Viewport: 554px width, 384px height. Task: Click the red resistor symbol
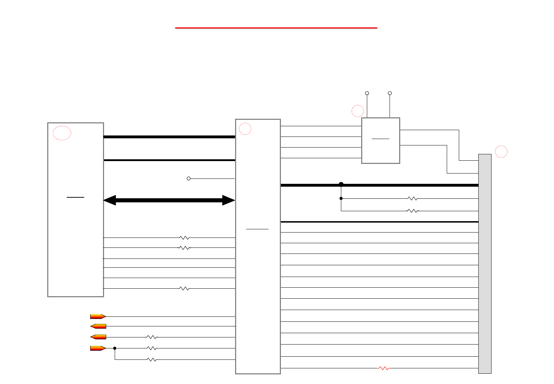pyautogui.click(x=384, y=368)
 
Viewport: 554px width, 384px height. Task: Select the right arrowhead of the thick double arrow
pyautogui.click(x=229, y=200)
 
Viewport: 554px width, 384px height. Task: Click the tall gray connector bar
pyautogui.click(x=485, y=263)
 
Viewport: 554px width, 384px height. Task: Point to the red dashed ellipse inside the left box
pyautogui.click(x=62, y=133)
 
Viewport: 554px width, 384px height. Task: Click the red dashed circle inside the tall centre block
pyautogui.click(x=245, y=129)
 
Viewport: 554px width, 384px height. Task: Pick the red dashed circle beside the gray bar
pyautogui.click(x=501, y=151)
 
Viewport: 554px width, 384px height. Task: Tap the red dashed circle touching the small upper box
pyautogui.click(x=358, y=111)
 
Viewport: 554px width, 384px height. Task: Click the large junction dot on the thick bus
pyautogui.click(x=341, y=184)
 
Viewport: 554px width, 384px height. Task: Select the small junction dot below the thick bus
pyautogui.click(x=341, y=198)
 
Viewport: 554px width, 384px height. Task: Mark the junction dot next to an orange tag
pyautogui.click(x=115, y=348)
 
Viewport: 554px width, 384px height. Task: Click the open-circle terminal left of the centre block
pyautogui.click(x=189, y=178)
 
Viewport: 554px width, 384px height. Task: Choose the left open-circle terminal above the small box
pyautogui.click(x=367, y=93)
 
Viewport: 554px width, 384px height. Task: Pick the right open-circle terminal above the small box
pyautogui.click(x=390, y=93)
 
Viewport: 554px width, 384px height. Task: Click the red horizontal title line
pyautogui.click(x=276, y=28)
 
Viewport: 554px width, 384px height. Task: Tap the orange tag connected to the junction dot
pyautogui.click(x=98, y=348)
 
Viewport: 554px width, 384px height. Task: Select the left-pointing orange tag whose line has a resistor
pyautogui.click(x=98, y=337)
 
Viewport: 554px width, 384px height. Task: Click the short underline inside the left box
pyautogui.click(x=75, y=197)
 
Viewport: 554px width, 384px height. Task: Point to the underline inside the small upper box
pyautogui.click(x=380, y=139)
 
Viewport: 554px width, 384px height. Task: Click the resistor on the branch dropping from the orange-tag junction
pyautogui.click(x=152, y=360)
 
